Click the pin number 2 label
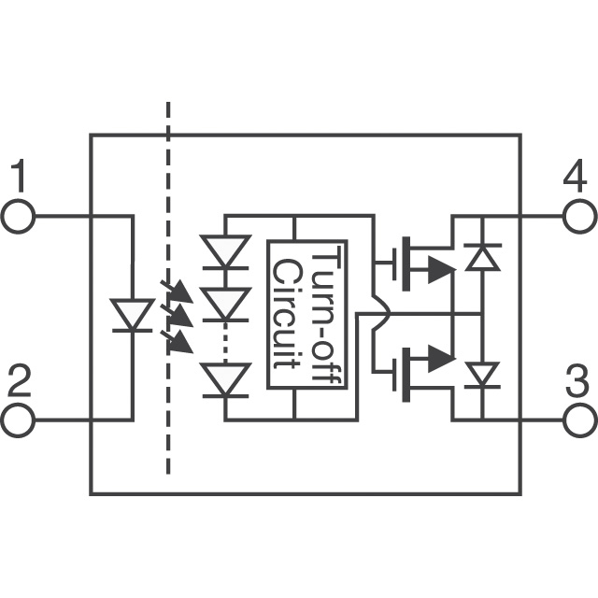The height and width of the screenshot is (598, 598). [19, 382]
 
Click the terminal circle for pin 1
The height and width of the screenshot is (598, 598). [19, 217]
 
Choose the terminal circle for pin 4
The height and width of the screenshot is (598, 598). [579, 217]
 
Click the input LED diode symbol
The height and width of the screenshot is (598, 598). [132, 315]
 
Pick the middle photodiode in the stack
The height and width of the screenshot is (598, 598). [226, 305]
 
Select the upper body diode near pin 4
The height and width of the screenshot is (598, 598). [483, 255]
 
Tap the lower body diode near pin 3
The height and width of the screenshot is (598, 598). [483, 375]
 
